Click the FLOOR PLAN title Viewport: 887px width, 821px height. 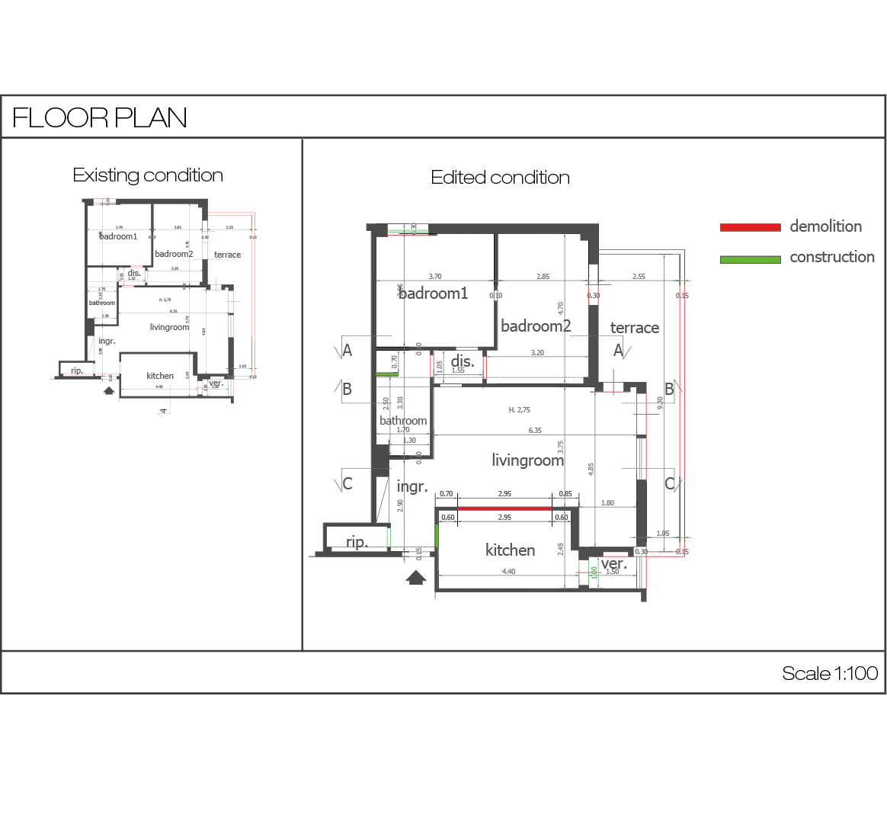[x=100, y=117]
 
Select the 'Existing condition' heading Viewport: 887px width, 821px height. [x=148, y=175]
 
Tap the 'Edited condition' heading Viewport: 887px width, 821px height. [x=500, y=178]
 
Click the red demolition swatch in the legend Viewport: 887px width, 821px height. [x=750, y=227]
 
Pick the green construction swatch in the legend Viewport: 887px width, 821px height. [x=750, y=259]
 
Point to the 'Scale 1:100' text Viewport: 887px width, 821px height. [x=829, y=673]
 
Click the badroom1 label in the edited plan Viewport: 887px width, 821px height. [x=434, y=293]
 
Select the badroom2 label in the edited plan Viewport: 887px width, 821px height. [x=535, y=326]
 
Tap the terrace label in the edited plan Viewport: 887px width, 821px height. [x=634, y=328]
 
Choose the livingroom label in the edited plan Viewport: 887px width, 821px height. [x=527, y=460]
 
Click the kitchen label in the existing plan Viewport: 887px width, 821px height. [x=160, y=376]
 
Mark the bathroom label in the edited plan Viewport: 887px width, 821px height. [x=403, y=421]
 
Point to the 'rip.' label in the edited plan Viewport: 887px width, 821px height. [x=357, y=542]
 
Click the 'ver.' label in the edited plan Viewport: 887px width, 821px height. [x=613, y=564]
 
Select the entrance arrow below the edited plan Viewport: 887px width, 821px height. [x=415, y=577]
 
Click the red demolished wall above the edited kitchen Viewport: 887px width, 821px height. [x=504, y=508]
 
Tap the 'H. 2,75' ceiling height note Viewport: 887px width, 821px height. [x=519, y=410]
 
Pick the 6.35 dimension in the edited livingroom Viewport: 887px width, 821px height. [x=535, y=431]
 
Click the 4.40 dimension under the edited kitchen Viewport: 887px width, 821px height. [x=508, y=572]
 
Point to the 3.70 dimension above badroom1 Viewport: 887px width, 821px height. [x=435, y=277]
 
